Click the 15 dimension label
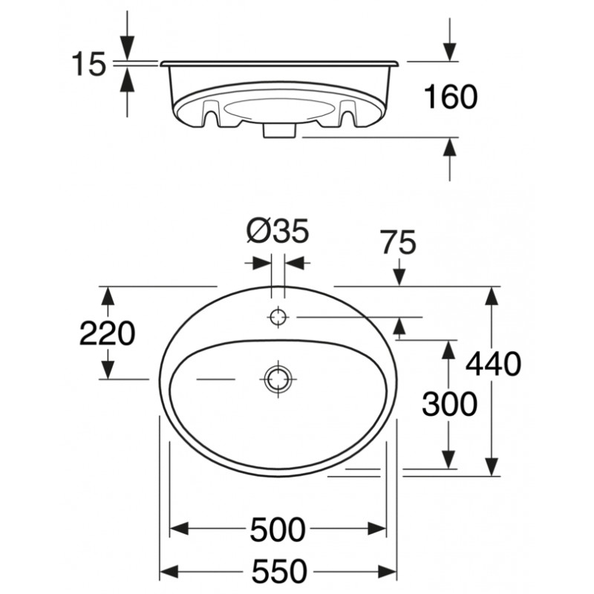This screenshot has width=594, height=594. [x=88, y=64]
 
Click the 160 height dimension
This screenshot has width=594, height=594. [x=451, y=97]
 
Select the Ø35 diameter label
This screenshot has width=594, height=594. [x=278, y=231]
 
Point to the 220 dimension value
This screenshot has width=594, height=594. [x=107, y=333]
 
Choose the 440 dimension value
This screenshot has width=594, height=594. [x=493, y=364]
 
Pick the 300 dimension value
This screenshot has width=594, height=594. [x=449, y=404]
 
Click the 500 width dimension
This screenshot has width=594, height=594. [x=278, y=529]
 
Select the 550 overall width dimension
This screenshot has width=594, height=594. [x=280, y=571]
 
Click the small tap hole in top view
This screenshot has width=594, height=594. [x=278, y=316]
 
